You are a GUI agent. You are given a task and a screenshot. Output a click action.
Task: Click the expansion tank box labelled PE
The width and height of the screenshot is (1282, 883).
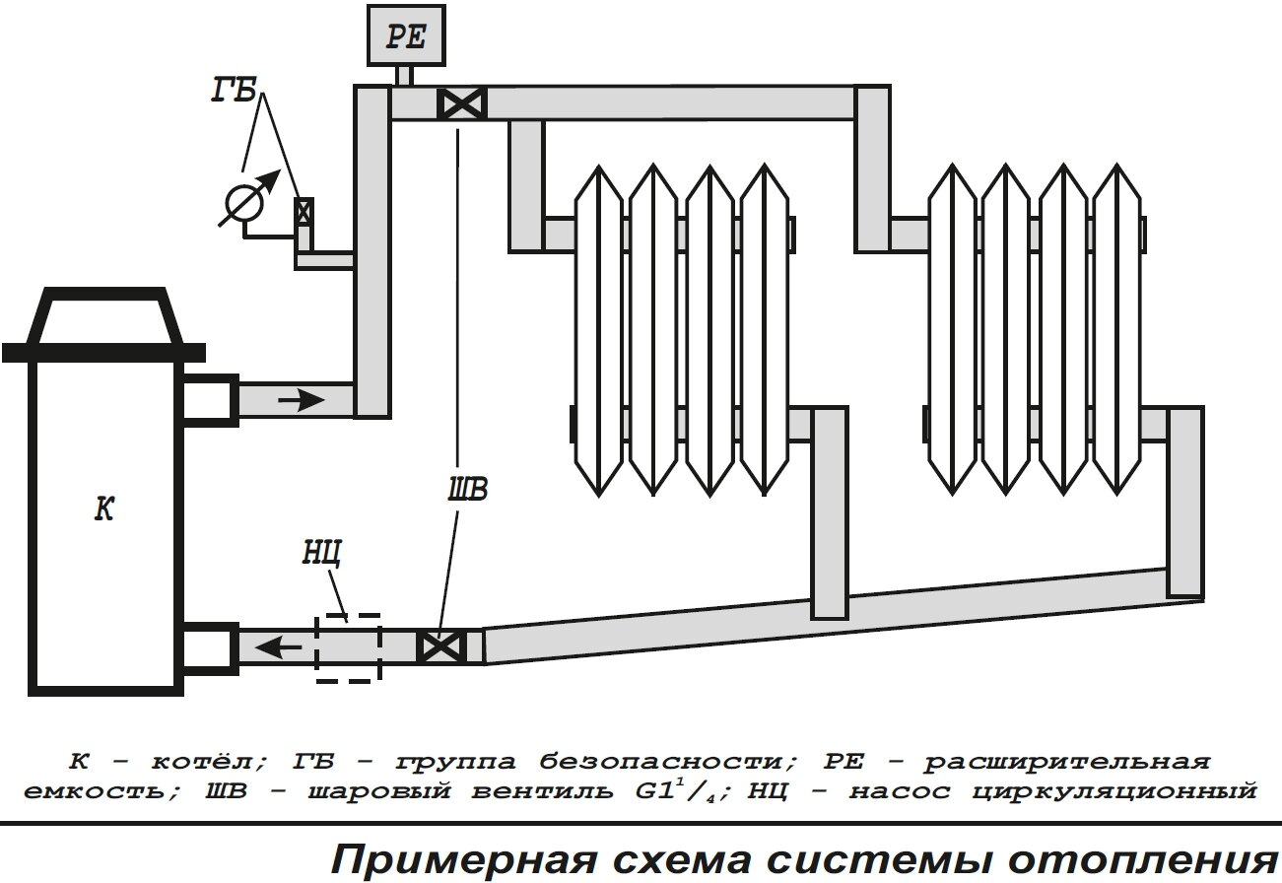(404, 35)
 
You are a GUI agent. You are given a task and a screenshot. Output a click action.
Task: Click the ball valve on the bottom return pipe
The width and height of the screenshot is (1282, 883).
(440, 646)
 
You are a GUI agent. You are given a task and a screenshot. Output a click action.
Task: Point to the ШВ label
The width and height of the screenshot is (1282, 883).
(467, 490)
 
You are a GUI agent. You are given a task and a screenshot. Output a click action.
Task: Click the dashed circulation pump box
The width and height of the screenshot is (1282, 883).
(347, 647)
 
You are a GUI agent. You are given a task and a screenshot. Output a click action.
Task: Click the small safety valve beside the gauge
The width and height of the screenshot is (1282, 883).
(304, 211)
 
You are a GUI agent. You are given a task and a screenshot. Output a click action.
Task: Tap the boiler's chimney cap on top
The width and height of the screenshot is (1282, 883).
(102, 317)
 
